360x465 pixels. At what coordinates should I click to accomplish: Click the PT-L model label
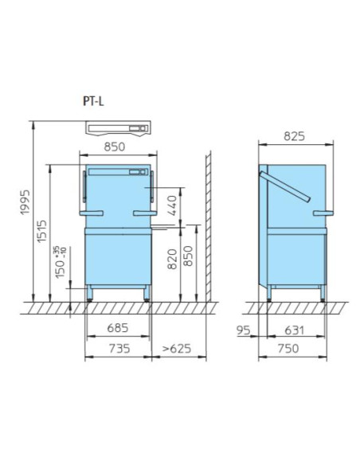[92, 101]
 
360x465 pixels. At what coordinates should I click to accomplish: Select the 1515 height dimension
[45, 235]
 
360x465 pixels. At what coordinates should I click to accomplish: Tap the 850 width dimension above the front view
[117, 147]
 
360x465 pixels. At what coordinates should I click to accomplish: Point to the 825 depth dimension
[294, 137]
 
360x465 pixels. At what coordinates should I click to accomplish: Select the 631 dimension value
[293, 329]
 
